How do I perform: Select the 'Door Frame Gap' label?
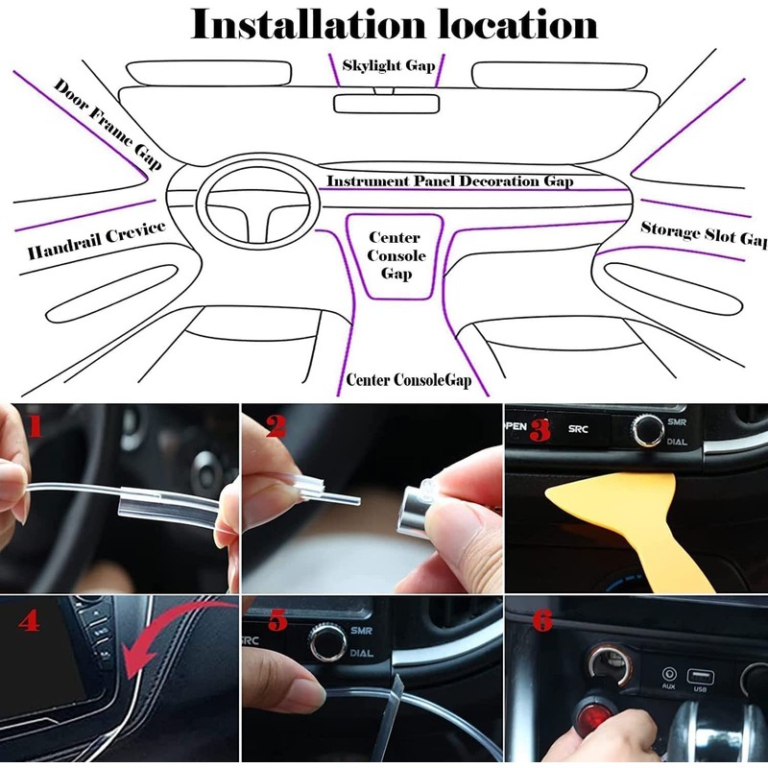(107, 124)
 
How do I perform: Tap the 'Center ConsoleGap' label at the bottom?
(410, 380)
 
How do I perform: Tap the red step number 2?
(276, 425)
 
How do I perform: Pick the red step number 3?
(540, 430)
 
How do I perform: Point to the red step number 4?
(29, 621)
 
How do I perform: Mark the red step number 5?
(276, 621)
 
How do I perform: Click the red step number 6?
(541, 621)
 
